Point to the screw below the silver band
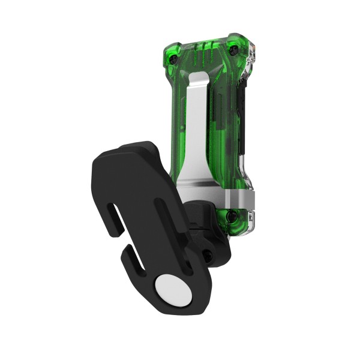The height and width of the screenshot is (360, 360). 231,214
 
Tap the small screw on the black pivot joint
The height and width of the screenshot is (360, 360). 208,256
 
